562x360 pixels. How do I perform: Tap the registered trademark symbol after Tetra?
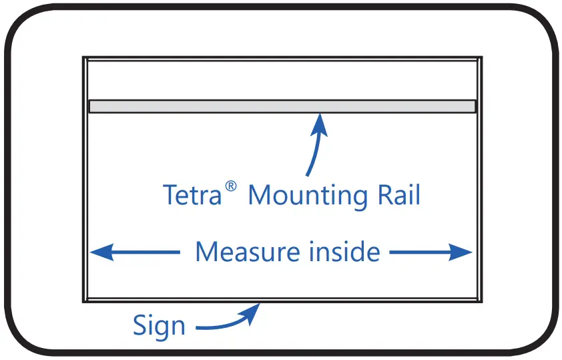tap(230, 188)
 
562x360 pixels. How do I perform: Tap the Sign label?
tap(159, 326)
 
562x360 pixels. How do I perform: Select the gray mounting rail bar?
tap(282, 106)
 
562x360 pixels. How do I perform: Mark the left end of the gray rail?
tap(91, 106)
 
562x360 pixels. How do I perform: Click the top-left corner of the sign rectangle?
tap(83, 58)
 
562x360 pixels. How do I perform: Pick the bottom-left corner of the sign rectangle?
tap(83, 301)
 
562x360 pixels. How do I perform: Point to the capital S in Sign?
tap(139, 326)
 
